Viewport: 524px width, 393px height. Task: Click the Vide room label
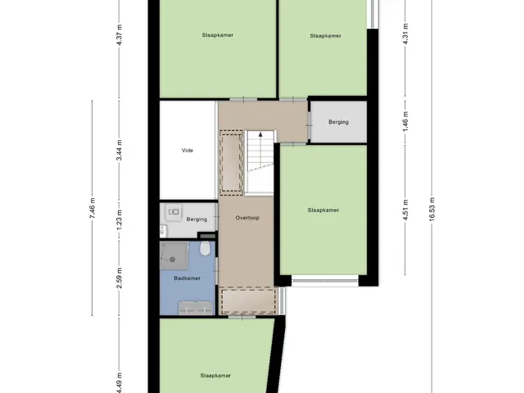pyautogui.click(x=187, y=151)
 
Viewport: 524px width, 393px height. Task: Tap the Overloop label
pyautogui.click(x=247, y=218)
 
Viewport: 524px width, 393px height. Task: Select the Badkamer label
pyautogui.click(x=187, y=278)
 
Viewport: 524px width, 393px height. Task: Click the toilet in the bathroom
pyautogui.click(x=205, y=248)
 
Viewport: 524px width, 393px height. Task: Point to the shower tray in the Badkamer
pyautogui.click(x=174, y=256)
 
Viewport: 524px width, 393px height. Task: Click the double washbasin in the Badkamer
pyautogui.click(x=196, y=308)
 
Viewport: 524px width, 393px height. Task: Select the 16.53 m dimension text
pyautogui.click(x=431, y=209)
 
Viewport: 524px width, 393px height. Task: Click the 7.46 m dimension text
pyautogui.click(x=93, y=208)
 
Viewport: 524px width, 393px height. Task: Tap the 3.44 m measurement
pyautogui.click(x=119, y=150)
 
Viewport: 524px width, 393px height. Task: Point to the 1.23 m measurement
pyautogui.click(x=119, y=219)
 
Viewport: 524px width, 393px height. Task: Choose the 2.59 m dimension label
pyautogui.click(x=119, y=278)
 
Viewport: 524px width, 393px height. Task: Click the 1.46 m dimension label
pyautogui.click(x=405, y=120)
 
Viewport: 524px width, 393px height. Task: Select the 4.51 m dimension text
pyautogui.click(x=405, y=210)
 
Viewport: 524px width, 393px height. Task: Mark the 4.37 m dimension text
pyautogui.click(x=119, y=34)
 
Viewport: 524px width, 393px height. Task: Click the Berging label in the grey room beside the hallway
pyautogui.click(x=338, y=122)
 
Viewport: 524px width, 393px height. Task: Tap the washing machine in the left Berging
pyautogui.click(x=174, y=212)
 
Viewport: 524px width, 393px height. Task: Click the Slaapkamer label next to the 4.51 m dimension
pyautogui.click(x=323, y=210)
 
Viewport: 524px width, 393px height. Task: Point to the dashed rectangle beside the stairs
pyautogui.click(x=231, y=163)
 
